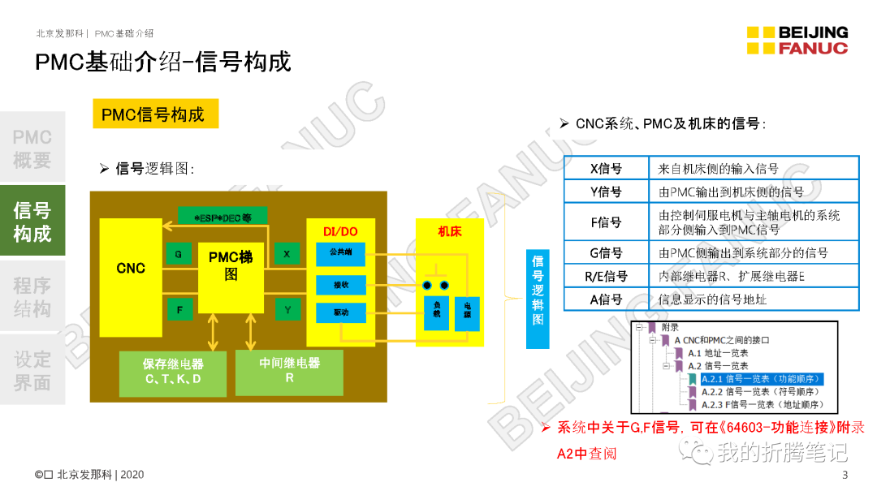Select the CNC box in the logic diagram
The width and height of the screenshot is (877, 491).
coord(131,268)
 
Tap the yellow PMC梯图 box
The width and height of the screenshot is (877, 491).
coord(231,265)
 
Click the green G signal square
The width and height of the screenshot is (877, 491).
coord(179,255)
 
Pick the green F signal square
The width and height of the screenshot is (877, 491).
coord(179,309)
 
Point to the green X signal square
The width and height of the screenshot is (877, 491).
coord(287,254)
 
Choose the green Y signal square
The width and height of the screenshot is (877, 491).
coord(287,309)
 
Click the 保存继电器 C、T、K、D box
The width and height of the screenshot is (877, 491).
coord(173,372)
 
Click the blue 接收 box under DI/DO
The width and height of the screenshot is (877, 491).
coord(341,285)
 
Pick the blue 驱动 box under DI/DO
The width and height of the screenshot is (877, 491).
coord(341,312)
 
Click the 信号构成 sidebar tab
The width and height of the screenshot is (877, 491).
coord(32,222)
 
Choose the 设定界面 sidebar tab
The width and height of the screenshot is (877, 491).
coord(32,371)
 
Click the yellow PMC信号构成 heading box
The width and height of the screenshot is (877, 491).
coord(155,114)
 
